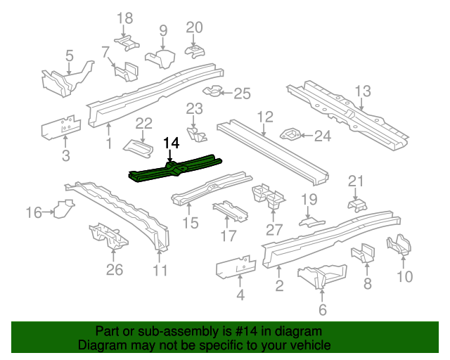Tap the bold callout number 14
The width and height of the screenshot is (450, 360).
[x=172, y=143]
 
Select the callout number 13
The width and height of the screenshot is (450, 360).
[x=362, y=91]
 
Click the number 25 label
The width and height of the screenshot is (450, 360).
[x=242, y=94]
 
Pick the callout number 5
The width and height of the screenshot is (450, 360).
[x=69, y=55]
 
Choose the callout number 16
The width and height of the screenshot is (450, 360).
[x=34, y=211]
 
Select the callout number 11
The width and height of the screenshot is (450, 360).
[x=160, y=270]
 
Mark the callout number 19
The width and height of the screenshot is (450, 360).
[x=310, y=200]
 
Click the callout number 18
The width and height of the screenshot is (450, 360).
[x=124, y=18]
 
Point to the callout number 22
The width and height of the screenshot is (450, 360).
[x=143, y=124]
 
